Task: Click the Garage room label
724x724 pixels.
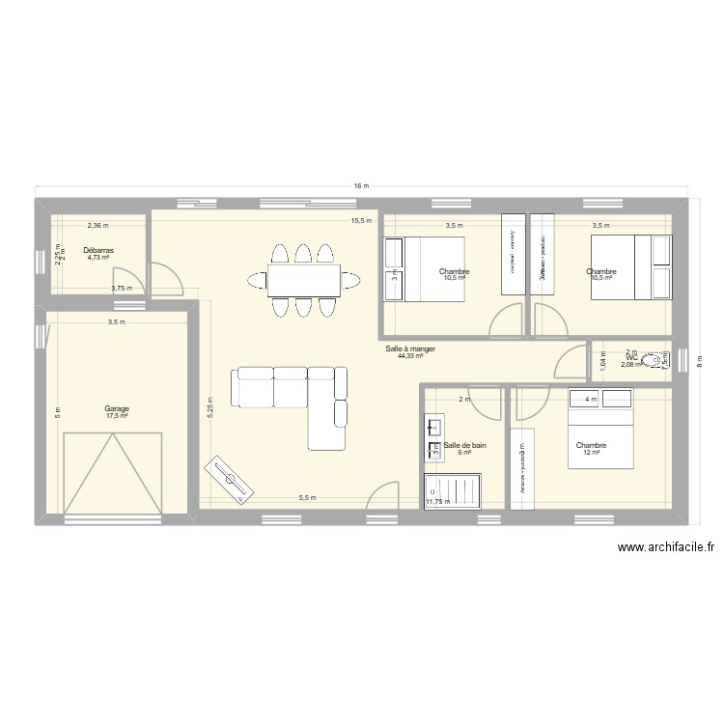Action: tap(117, 408)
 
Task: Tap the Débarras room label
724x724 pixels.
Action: tap(98, 250)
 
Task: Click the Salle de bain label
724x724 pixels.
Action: tap(464, 445)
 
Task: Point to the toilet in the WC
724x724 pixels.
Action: tap(659, 361)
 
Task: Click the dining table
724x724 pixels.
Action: tap(302, 280)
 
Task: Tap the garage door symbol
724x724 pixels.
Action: tap(111, 473)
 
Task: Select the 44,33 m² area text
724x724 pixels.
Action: tap(408, 356)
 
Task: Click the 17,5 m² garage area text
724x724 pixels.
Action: tap(117, 416)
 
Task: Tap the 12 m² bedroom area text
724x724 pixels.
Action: tap(591, 453)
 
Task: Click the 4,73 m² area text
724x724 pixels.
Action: tap(98, 258)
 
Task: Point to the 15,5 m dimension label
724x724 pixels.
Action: tap(361, 221)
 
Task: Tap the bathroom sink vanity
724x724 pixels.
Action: tap(433, 439)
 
